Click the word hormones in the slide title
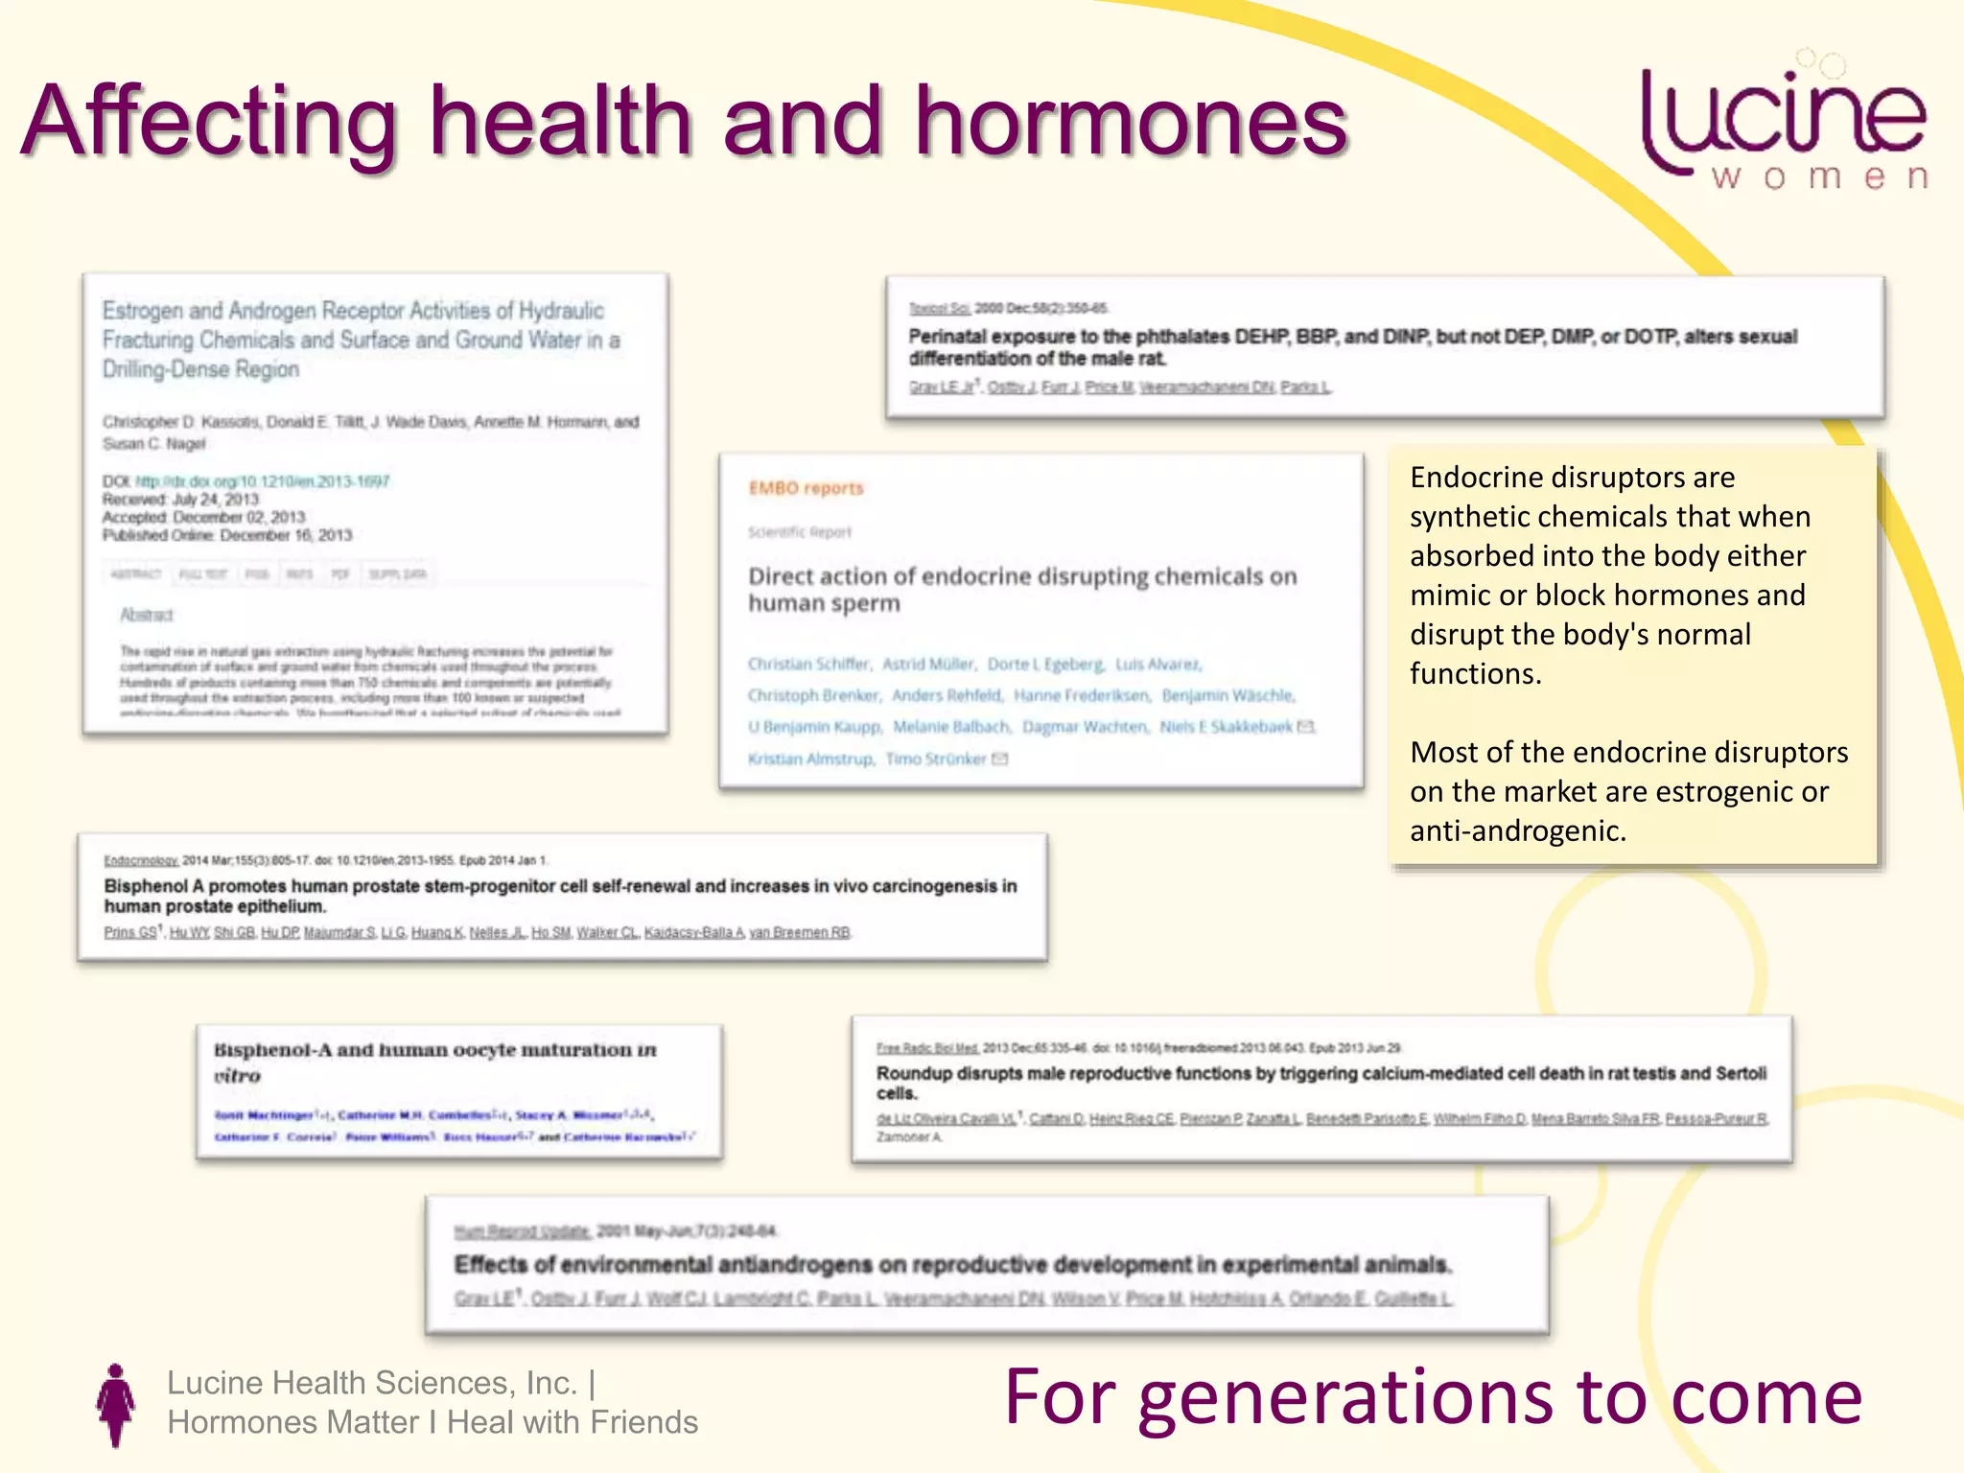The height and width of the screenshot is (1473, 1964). pyautogui.click(x=1132, y=122)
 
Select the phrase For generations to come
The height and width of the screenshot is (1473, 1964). pyautogui.click(x=1433, y=1397)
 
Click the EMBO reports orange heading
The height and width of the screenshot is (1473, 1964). pyautogui.click(x=806, y=488)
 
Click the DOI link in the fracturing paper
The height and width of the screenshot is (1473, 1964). pyautogui.click(x=262, y=481)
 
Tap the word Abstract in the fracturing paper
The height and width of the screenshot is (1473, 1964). pyautogui.click(x=146, y=615)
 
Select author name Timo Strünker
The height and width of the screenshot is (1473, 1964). pyautogui.click(x=936, y=759)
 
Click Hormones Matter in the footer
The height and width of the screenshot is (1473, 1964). pyautogui.click(x=292, y=1422)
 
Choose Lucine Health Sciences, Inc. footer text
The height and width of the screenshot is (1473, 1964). pyautogui.click(x=372, y=1383)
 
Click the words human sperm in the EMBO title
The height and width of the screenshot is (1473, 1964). pyautogui.click(x=824, y=603)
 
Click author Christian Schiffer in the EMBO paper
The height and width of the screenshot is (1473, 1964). pyautogui.click(x=808, y=664)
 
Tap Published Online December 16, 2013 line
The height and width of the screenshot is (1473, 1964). pyautogui.click(x=227, y=535)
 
